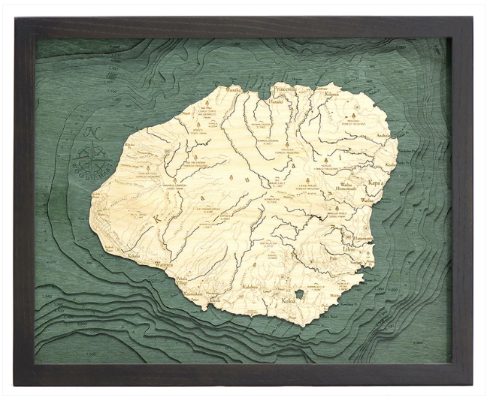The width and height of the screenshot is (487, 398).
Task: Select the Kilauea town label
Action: pos(332,94)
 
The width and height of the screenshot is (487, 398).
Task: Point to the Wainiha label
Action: pos(235,89)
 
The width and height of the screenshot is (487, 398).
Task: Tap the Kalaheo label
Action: pos(250,286)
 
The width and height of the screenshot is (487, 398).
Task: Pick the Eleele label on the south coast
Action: pos(215,299)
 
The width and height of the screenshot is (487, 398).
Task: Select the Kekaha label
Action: pos(134,256)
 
